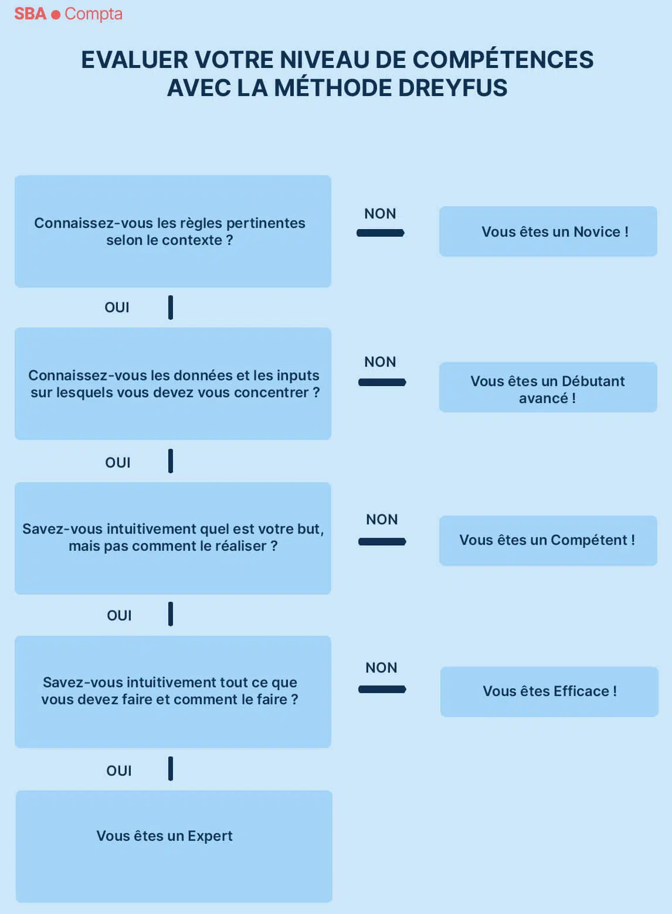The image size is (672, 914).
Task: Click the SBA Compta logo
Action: click(x=68, y=14)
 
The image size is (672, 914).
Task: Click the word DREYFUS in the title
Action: click(x=453, y=88)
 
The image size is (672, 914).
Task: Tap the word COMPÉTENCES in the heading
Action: click(x=503, y=60)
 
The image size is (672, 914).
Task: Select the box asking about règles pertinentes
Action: click(x=173, y=231)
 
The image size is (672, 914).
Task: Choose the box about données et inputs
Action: click(x=173, y=384)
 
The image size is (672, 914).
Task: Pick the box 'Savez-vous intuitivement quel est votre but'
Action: click(x=173, y=538)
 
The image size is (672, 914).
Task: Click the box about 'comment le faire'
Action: click(x=173, y=691)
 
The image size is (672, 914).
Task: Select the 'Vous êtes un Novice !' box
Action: click(x=548, y=231)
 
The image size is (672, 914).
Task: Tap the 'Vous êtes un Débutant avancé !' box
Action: click(x=548, y=387)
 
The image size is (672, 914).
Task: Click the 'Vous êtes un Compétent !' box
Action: click(x=548, y=541)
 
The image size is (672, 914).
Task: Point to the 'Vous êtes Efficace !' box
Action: click(x=549, y=692)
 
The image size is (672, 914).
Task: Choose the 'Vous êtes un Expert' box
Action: click(x=174, y=846)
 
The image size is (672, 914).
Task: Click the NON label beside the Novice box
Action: click(x=380, y=213)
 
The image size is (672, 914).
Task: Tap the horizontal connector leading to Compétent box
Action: click(x=382, y=541)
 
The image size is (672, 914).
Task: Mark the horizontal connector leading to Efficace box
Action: click(x=382, y=689)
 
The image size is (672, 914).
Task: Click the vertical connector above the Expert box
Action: click(x=171, y=769)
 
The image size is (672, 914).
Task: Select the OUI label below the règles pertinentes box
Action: click(x=117, y=307)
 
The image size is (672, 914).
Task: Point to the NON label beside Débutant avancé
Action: click(x=380, y=361)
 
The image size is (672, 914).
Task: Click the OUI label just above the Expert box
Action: click(x=119, y=770)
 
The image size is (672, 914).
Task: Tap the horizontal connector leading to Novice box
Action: click(x=381, y=233)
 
